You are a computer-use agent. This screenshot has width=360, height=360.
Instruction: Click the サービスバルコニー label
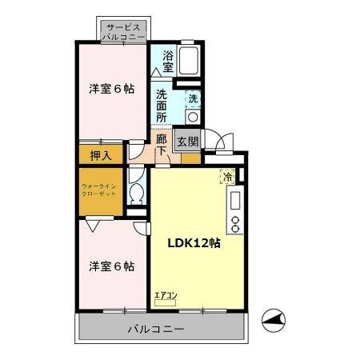[x=124, y=31]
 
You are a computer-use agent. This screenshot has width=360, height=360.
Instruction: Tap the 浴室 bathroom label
[x=168, y=62]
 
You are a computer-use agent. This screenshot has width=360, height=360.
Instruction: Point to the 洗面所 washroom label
[x=162, y=105]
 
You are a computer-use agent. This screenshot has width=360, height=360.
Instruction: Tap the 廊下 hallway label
[x=162, y=144]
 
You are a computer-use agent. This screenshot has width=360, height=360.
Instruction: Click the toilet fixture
[x=136, y=192]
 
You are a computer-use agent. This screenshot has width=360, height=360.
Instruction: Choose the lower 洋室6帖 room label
[x=111, y=266]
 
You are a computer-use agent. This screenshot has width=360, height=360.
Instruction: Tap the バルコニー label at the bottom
[x=157, y=329]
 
